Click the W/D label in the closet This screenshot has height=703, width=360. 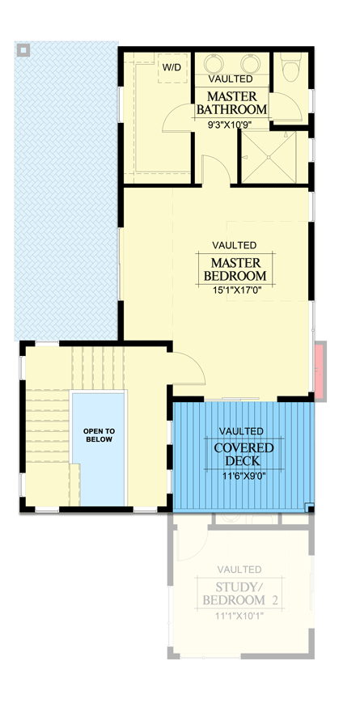coord(172,67)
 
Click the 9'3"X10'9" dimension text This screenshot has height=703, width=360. coord(230,125)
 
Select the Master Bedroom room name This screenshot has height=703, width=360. coord(235,269)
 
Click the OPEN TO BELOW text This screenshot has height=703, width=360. coord(98,435)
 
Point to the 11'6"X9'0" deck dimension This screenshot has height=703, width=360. coord(244,476)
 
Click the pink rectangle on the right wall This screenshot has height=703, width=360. coord(320,371)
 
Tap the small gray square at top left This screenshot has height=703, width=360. coord(24,50)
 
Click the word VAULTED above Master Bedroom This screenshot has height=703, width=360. coord(235,244)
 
